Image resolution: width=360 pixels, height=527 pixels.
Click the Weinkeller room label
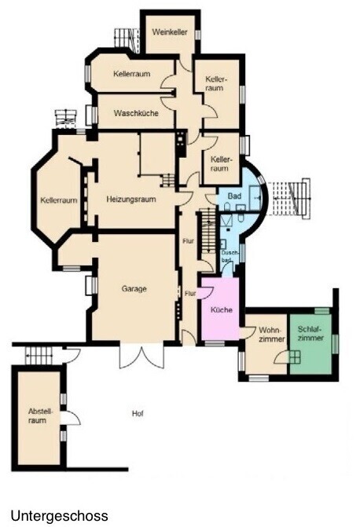[170, 32]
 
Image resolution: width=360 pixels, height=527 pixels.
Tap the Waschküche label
[136, 113]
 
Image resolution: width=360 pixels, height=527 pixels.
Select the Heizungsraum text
[131, 199]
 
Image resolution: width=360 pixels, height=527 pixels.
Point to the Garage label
[134, 288]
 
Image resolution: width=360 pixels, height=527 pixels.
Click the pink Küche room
[220, 309]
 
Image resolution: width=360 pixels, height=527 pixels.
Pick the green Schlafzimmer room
[311, 343]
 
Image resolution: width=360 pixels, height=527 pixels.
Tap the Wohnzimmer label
[272, 334]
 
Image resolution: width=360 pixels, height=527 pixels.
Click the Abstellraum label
[37, 415]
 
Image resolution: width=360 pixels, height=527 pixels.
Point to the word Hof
[138, 413]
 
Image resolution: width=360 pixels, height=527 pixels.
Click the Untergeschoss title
[59, 515]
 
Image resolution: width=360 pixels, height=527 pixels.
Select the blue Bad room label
[234, 196]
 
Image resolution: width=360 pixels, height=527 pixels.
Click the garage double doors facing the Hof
[141, 357]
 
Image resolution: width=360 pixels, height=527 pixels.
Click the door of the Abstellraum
[71, 417]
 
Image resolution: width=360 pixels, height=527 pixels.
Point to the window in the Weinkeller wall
[198, 35]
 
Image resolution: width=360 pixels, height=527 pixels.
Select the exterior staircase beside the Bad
[291, 199]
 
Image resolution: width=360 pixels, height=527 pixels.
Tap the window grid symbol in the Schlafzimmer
[295, 357]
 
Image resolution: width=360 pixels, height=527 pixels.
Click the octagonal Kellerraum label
[58, 200]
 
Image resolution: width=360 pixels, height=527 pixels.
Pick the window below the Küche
[215, 343]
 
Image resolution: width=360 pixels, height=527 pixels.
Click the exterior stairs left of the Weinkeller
[127, 39]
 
